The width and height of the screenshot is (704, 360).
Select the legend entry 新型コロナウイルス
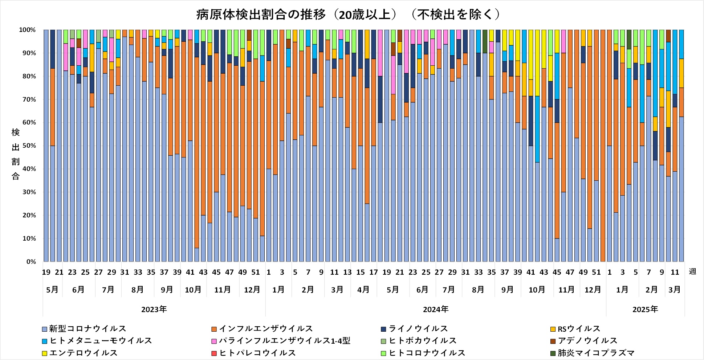[88, 329]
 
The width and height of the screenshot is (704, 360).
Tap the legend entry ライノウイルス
[418, 329]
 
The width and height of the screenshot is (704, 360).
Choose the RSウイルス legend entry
[579, 329]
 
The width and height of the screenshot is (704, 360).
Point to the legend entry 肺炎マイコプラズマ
[596, 353]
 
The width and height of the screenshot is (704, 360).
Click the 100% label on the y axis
[28, 30]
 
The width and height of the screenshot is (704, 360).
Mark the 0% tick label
[31, 262]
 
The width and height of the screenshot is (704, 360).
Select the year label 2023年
[154, 310]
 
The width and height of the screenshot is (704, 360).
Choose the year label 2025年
[645, 310]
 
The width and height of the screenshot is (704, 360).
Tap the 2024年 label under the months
[436, 310]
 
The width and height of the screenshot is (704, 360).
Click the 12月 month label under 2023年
[252, 290]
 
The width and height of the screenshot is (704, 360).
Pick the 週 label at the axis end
[692, 271]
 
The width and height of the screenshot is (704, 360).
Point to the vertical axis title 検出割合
[15, 154]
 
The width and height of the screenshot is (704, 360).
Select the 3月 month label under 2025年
[675, 290]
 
